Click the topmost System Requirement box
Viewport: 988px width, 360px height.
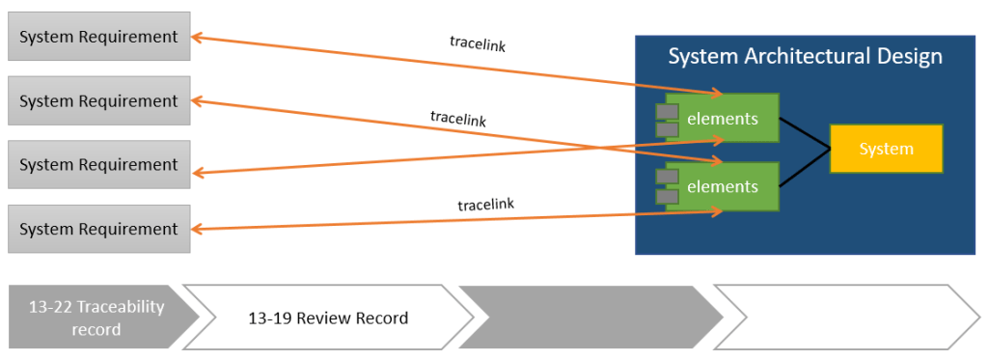98,37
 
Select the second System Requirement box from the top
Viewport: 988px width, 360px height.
98,101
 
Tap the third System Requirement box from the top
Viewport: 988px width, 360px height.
98,165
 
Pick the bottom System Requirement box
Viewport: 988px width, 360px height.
98,229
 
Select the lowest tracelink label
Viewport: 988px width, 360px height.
485,204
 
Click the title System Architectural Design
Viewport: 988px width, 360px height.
805,57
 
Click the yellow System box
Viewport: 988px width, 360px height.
886,149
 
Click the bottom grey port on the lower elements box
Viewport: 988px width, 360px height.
667,197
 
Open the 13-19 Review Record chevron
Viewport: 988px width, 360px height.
328,318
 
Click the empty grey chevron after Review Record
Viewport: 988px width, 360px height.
589,318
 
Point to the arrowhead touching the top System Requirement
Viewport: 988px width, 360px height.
196,38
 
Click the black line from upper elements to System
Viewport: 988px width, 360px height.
804,133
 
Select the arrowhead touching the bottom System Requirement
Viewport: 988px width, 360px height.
196,229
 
